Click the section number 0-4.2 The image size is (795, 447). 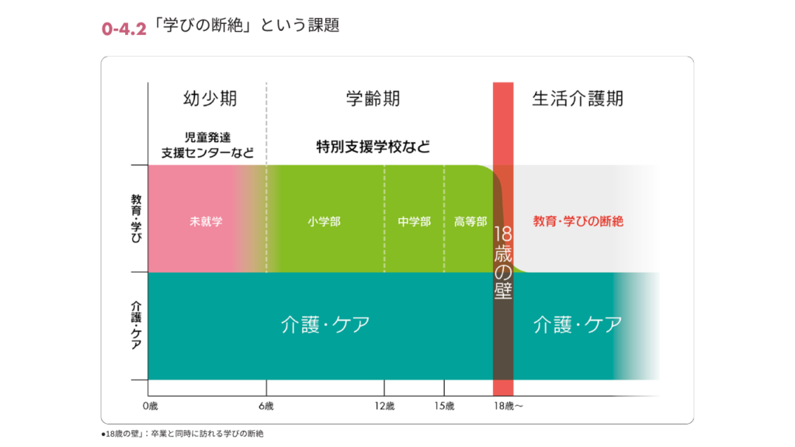[123, 29]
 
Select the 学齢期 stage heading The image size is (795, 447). [373, 99]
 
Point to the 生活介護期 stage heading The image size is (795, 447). [577, 99]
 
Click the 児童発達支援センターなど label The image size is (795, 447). [207, 144]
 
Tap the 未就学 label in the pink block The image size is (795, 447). [206, 221]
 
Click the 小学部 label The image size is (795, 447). [324, 221]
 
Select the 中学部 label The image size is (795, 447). [414, 221]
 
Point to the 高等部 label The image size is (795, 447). [470, 221]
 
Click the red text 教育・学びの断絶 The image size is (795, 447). [578, 221]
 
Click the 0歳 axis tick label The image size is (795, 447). [150, 407]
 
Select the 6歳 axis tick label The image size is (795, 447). [266, 407]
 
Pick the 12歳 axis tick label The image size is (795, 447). [384, 407]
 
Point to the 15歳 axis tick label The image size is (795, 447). [444, 407]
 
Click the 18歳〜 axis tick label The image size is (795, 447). [509, 407]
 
